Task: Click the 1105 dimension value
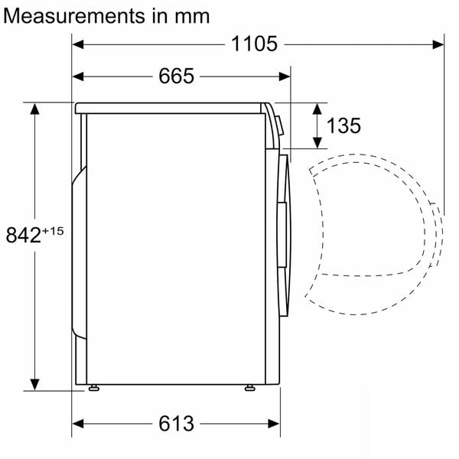pyautogui.click(x=255, y=44)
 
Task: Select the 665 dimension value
pyautogui.click(x=177, y=76)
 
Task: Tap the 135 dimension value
pyautogui.click(x=343, y=125)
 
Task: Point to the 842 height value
pyautogui.click(x=23, y=235)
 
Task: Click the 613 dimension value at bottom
pyautogui.click(x=177, y=422)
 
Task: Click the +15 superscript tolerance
pyautogui.click(x=53, y=229)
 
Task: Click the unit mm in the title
pyautogui.click(x=191, y=16)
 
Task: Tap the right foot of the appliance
pyautogui.click(x=249, y=388)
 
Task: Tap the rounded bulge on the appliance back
pyautogui.click(x=80, y=252)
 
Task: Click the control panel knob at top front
pyautogui.click(x=279, y=123)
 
